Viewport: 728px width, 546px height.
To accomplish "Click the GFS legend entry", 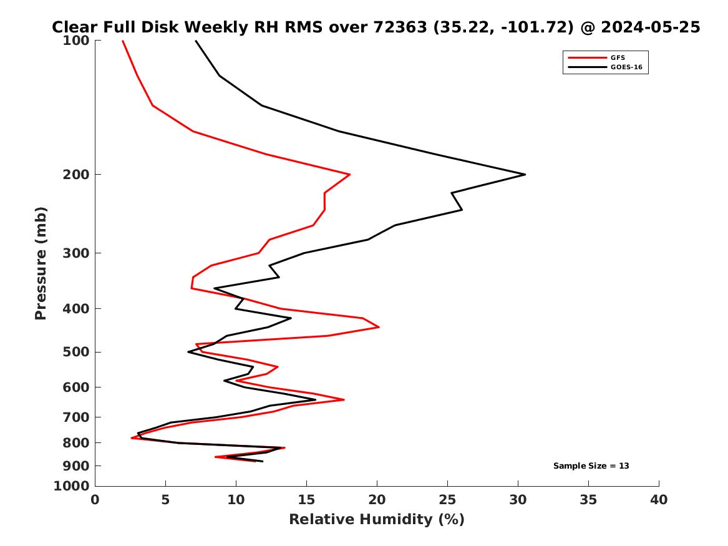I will point(618,58).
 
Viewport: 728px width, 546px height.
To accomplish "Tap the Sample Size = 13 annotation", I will point(591,466).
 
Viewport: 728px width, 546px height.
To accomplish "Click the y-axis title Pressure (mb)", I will point(41,263).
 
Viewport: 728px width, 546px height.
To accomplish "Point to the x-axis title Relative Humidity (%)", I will point(377,519).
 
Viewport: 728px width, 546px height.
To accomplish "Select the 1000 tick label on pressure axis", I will point(74,485).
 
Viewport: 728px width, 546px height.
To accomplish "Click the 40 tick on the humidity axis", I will point(659,499).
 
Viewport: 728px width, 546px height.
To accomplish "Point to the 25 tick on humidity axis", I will point(447,499).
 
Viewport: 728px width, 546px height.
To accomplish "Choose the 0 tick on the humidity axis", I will point(95,499).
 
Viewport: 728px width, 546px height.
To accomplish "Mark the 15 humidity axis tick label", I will point(306,499).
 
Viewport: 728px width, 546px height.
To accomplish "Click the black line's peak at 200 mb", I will point(525,174).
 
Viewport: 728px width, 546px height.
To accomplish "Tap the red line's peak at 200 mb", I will point(349,175).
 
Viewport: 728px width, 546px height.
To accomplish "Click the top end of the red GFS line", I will point(122,41).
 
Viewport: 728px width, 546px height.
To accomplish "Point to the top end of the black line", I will point(196,41).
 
